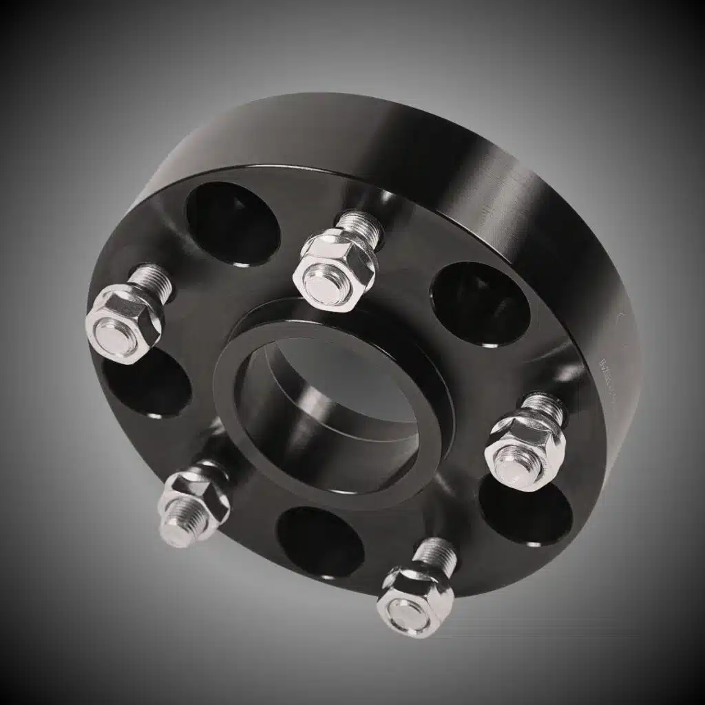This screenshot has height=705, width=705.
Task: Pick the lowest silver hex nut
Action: click(414, 599)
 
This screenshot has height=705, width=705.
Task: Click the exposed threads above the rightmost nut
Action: click(545, 406)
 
